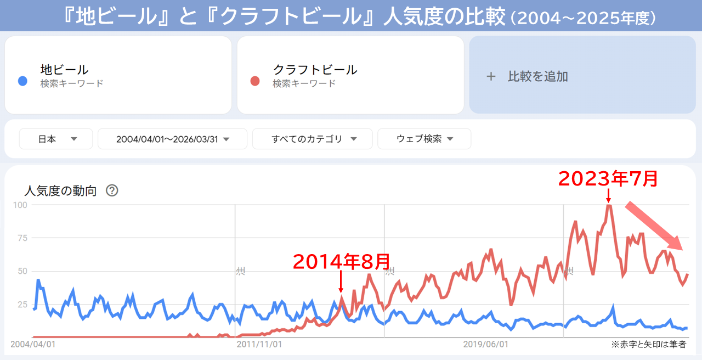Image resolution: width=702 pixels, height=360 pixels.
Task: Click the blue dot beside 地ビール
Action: pyautogui.click(x=22, y=81)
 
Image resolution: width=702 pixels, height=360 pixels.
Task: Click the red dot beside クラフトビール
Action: pyautogui.click(x=254, y=81)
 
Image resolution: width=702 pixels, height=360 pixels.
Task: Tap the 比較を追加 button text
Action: pyautogui.click(x=537, y=76)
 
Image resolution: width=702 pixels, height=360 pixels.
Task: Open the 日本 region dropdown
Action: pyautogui.click(x=56, y=139)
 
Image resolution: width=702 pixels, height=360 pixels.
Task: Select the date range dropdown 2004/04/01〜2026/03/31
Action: pyautogui.click(x=172, y=139)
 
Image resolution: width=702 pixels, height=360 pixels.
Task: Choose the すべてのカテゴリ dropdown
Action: pyautogui.click(x=313, y=139)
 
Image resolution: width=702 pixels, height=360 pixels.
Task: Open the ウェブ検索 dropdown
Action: pyautogui.click(x=424, y=139)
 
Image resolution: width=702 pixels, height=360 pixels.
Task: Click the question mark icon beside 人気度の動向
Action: pyautogui.click(x=112, y=190)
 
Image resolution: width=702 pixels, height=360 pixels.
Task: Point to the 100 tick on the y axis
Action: pyautogui.click(x=20, y=205)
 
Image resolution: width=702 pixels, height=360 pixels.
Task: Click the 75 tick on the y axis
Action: pyautogui.click(x=22, y=238)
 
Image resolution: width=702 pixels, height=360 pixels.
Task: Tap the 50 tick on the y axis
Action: pyautogui.click(x=22, y=271)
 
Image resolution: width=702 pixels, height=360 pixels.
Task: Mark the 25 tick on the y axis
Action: pyautogui.click(x=22, y=305)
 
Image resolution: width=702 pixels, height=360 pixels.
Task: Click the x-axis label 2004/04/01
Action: pyautogui.click(x=33, y=345)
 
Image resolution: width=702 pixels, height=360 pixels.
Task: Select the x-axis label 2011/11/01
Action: pyautogui.click(x=259, y=345)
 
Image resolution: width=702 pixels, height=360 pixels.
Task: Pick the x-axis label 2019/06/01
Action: pyautogui.click(x=485, y=345)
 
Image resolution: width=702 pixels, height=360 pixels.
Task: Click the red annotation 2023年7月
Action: pyautogui.click(x=608, y=178)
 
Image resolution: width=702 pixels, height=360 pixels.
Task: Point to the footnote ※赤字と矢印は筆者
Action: pyautogui.click(x=648, y=345)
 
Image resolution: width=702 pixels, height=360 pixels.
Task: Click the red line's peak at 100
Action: pyautogui.click(x=608, y=205)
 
